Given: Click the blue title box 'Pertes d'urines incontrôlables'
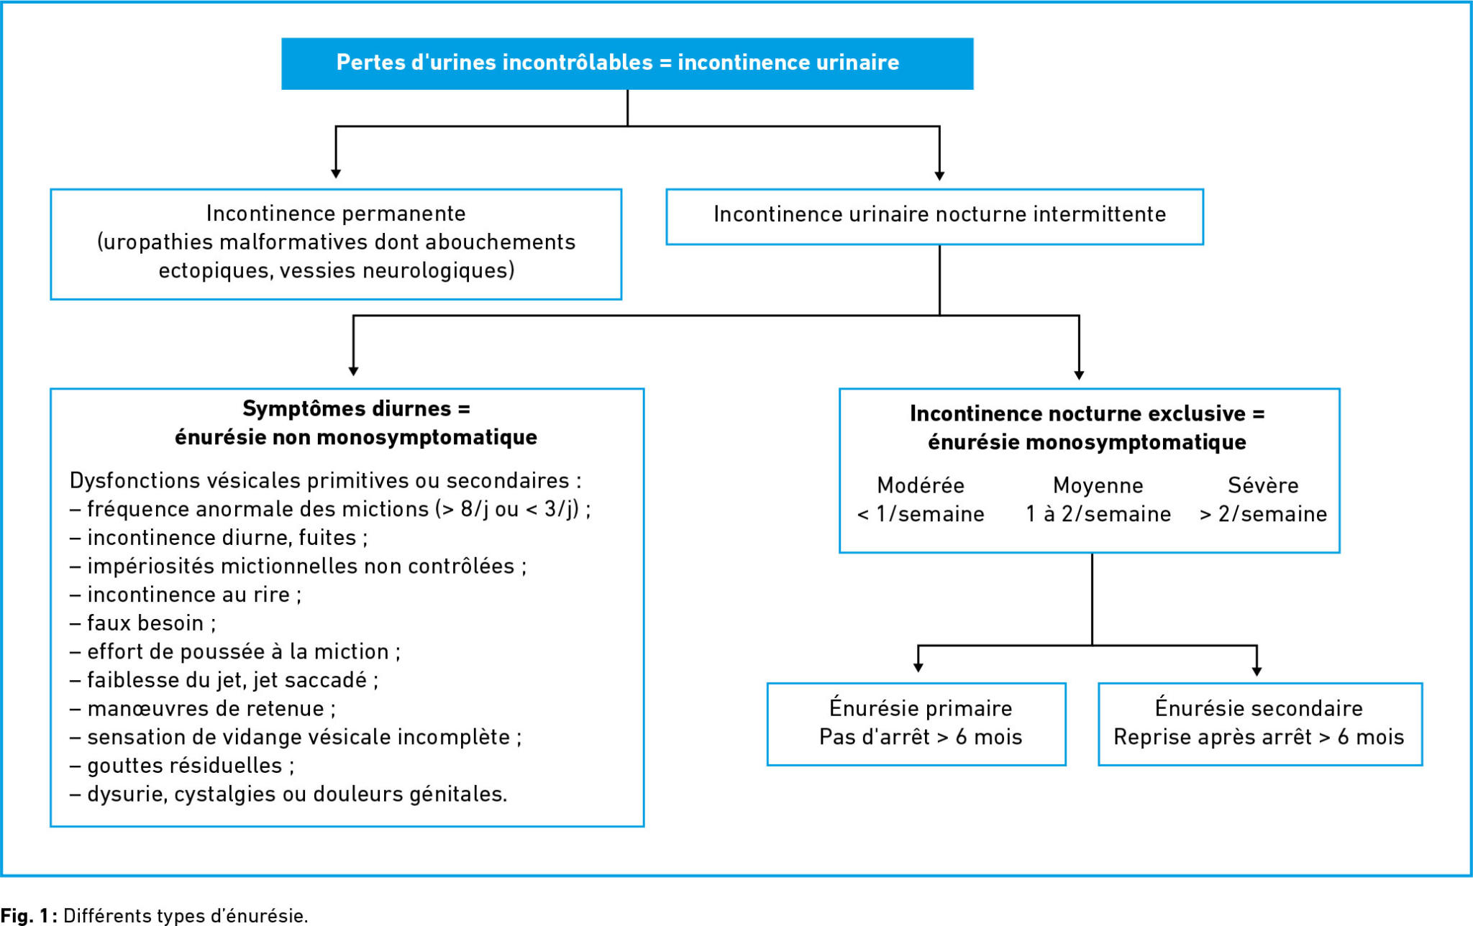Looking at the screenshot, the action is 627,63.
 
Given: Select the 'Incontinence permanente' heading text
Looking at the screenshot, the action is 336,214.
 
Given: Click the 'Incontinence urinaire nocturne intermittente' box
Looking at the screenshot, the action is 935,216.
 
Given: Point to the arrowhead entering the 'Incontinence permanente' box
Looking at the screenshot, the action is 336,174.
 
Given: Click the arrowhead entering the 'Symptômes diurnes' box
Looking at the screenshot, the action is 353,371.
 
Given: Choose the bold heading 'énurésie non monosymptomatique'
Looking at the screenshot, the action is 356,437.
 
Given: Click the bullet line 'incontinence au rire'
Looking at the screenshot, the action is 186,595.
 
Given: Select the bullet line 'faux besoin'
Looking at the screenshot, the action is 142,623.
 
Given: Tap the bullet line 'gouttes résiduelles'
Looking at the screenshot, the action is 182,766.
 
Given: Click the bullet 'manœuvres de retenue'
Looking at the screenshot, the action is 203,709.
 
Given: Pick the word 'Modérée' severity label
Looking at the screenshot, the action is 921,485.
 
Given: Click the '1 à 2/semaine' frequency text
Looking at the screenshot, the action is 1098,514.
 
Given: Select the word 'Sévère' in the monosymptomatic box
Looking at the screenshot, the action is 1263,485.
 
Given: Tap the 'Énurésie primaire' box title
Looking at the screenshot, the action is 921,708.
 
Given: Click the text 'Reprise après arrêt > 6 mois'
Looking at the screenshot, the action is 1259,737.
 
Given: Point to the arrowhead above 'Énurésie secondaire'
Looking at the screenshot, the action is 1257,671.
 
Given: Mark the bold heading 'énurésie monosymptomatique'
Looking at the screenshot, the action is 1087,442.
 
